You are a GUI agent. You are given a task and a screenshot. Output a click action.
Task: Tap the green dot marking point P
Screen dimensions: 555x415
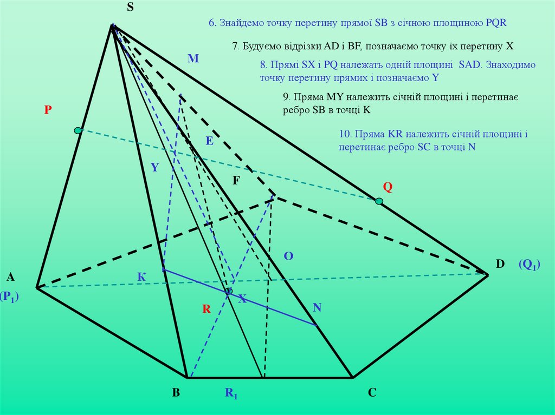pyautogui.click(x=79, y=130)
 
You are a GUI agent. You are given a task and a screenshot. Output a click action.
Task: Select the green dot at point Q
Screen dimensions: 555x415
pyautogui.click(x=379, y=201)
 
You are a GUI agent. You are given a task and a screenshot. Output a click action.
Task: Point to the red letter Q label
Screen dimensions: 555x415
pyautogui.click(x=388, y=187)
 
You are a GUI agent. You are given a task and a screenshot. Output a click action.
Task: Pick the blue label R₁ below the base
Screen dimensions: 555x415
pyautogui.click(x=231, y=393)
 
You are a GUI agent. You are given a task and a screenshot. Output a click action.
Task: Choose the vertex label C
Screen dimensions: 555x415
pyautogui.click(x=372, y=393)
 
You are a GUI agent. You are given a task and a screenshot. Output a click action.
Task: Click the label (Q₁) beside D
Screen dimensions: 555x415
pyautogui.click(x=530, y=265)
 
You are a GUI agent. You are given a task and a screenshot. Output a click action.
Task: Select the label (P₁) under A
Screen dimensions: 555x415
pyautogui.click(x=10, y=296)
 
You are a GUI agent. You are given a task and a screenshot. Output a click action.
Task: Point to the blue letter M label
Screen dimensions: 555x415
pyautogui.click(x=193, y=58)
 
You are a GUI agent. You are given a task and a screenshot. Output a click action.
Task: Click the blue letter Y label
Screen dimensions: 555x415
pyautogui.click(x=154, y=168)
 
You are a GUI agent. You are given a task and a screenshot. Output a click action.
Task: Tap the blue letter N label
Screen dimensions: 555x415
pyautogui.click(x=317, y=307)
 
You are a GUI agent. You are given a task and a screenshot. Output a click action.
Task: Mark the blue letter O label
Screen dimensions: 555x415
pyautogui.click(x=288, y=255)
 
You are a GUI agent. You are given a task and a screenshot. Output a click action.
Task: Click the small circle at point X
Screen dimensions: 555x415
pyautogui.click(x=229, y=291)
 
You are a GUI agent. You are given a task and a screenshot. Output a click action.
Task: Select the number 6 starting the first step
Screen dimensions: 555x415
pyautogui.click(x=211, y=23)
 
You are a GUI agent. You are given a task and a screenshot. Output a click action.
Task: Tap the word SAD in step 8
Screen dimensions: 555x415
pyautogui.click(x=469, y=65)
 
